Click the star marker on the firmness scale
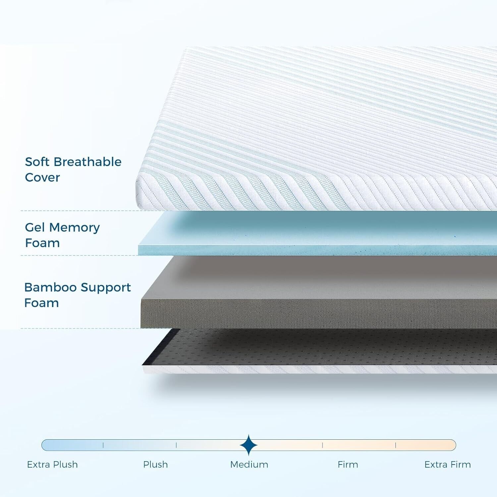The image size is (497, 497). tap(248, 445)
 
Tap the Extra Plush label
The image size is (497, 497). tap(52, 465)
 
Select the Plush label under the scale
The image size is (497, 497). tap(155, 465)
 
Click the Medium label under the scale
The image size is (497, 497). tap(249, 465)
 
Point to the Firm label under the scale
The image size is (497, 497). tap(348, 465)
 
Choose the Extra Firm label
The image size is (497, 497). tap(448, 465)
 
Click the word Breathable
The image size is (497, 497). tap(87, 162)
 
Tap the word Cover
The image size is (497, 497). tap(42, 178)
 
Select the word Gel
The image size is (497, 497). tap(35, 227)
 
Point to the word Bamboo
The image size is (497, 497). tap(50, 287)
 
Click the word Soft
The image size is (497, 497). tap(37, 162)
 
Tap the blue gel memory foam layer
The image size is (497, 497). tap(317, 234)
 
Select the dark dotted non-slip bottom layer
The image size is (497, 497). tap(320, 347)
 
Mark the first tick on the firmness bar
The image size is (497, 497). tap(103, 445)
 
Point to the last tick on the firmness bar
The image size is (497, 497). tap(396, 445)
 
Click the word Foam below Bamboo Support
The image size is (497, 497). tap(42, 303)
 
